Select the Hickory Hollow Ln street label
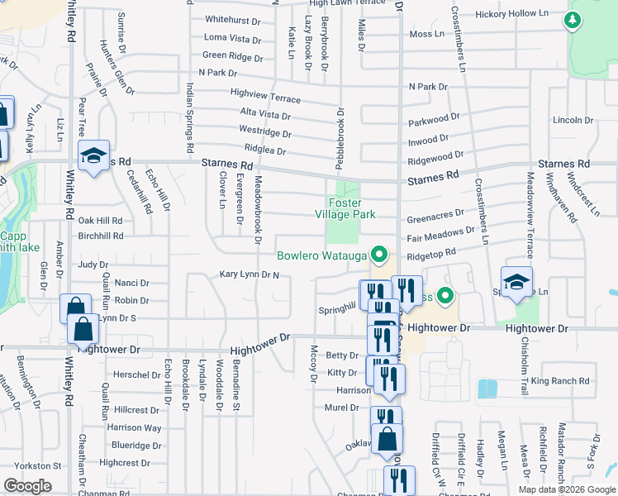(512, 14)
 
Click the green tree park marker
(572, 19)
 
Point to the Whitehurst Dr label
(232, 19)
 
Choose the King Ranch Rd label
(561, 381)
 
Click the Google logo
(27, 486)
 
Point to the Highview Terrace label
(266, 97)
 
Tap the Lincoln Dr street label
(568, 120)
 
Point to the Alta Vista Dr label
(264, 114)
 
